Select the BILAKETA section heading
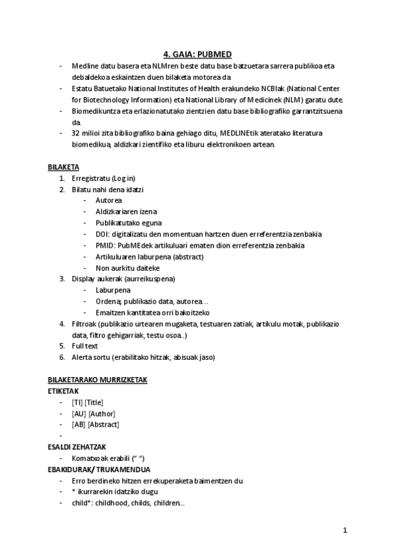click(x=63, y=167)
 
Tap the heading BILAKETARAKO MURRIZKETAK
click(x=97, y=380)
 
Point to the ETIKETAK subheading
click(x=63, y=391)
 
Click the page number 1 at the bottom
click(x=345, y=530)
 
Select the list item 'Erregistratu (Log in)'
click(x=104, y=178)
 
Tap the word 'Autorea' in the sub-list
click(x=108, y=200)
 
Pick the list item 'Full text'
click(x=84, y=346)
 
